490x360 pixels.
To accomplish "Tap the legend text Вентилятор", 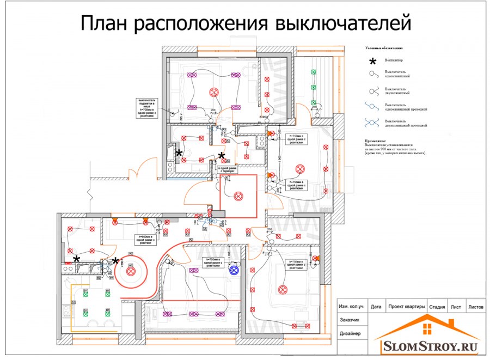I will (x=393, y=60).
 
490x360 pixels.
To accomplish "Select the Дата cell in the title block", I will (x=376, y=307).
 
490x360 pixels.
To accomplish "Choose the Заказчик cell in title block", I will (x=349, y=320).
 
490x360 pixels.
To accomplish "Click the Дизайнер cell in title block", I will (x=349, y=333).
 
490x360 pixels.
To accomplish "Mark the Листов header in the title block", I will (x=475, y=307).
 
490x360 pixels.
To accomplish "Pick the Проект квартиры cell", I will (x=406, y=307).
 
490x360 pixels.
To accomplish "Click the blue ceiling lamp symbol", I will (x=235, y=269).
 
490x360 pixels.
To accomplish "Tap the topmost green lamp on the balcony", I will (x=313, y=71).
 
